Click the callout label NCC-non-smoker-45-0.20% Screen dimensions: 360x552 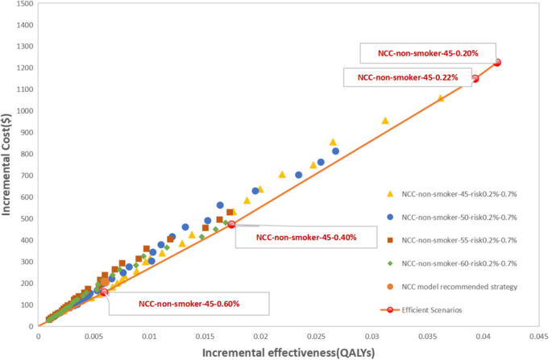click(429, 53)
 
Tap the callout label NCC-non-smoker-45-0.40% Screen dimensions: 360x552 click(306, 238)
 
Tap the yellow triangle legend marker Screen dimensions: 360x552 click(389, 194)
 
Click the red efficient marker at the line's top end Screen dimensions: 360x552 click(497, 63)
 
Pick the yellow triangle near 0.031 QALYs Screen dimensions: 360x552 click(384, 120)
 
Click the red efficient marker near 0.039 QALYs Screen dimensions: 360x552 click(475, 78)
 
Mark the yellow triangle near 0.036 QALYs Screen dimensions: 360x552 click(440, 98)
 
